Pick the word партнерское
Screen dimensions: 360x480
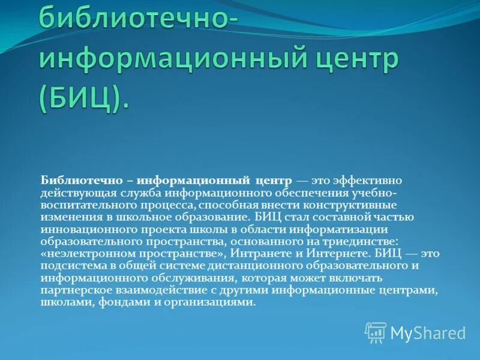[x=74, y=290]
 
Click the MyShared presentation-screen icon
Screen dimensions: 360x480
[x=376, y=332]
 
